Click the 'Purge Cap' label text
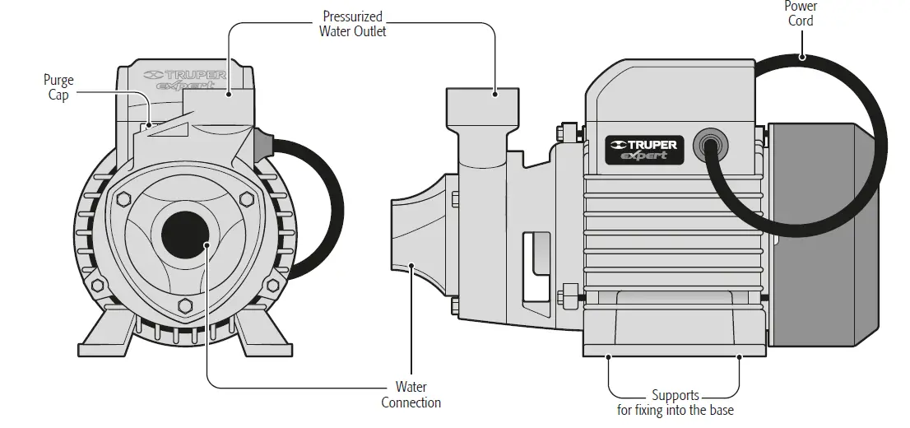click(58, 87)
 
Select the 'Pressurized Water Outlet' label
click(353, 24)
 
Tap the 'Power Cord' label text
click(801, 13)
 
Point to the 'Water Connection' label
click(411, 394)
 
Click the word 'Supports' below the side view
click(675, 396)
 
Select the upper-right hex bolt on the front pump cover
click(245, 199)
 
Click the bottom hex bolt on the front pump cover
click(185, 307)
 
